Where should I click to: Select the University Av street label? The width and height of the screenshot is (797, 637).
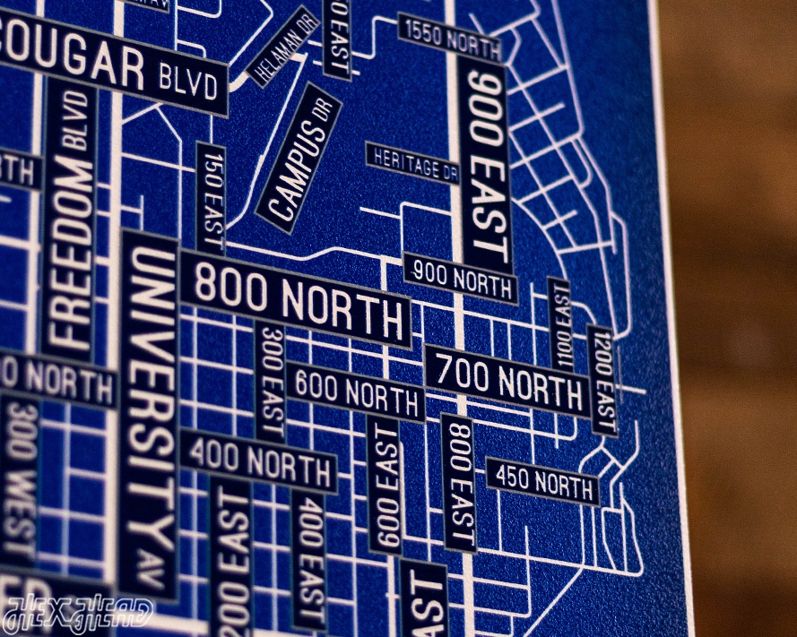pyautogui.click(x=150, y=412)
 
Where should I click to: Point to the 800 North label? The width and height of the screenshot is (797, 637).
pyautogui.click(x=296, y=297)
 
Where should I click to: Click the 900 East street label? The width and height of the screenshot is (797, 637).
pyautogui.click(x=485, y=166)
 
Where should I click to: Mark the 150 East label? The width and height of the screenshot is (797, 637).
pyautogui.click(x=211, y=197)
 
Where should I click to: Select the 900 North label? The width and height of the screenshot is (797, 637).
pyautogui.click(x=460, y=278)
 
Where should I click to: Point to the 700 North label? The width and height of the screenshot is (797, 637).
pyautogui.click(x=507, y=380)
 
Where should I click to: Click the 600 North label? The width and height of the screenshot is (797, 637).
pyautogui.click(x=357, y=392)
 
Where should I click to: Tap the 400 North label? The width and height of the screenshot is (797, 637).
pyautogui.click(x=258, y=461)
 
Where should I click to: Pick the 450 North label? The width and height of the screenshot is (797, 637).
pyautogui.click(x=542, y=481)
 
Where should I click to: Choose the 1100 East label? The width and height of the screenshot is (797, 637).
pyautogui.click(x=559, y=324)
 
